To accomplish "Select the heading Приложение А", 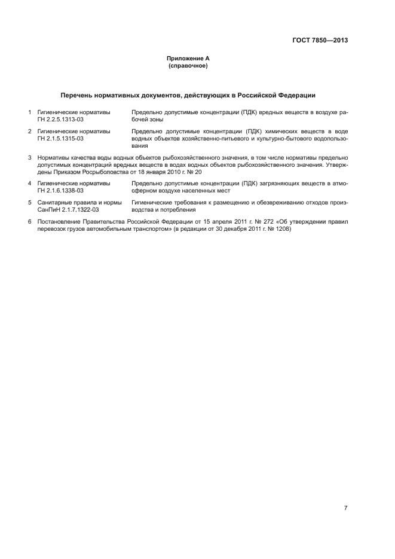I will coord(188,59).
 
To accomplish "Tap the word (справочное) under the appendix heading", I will coord(188,65).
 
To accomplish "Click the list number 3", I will coord(29,157).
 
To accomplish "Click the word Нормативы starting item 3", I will coord(54,157).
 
